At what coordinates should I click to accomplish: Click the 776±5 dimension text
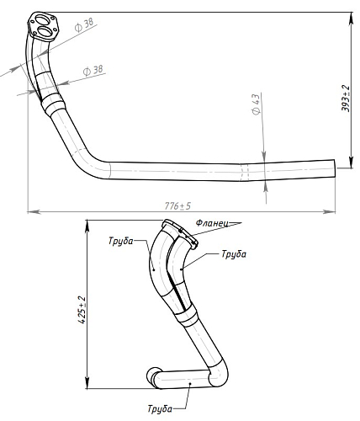pos(177,206)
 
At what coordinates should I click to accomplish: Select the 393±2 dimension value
pos(346,99)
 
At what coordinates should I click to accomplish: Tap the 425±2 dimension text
pos(82,310)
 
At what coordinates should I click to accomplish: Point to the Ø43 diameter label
pos(256,104)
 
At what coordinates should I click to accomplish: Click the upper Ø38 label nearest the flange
pos(84,24)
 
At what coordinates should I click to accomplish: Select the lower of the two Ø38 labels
pos(93,71)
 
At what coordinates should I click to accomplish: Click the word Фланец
pos(212,223)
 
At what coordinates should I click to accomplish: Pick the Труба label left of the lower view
pos(121,241)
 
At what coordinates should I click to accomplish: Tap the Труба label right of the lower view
pos(234,254)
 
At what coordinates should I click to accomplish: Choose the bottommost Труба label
pos(160,408)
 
